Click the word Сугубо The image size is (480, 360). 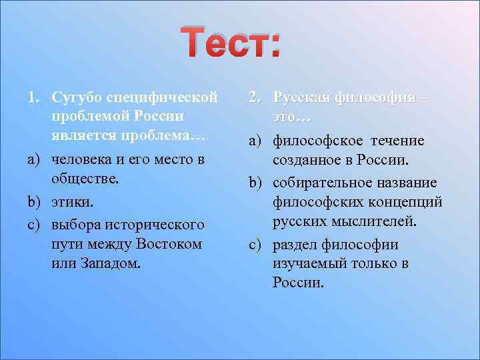click(x=75, y=98)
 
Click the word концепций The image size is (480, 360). click(x=407, y=201)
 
